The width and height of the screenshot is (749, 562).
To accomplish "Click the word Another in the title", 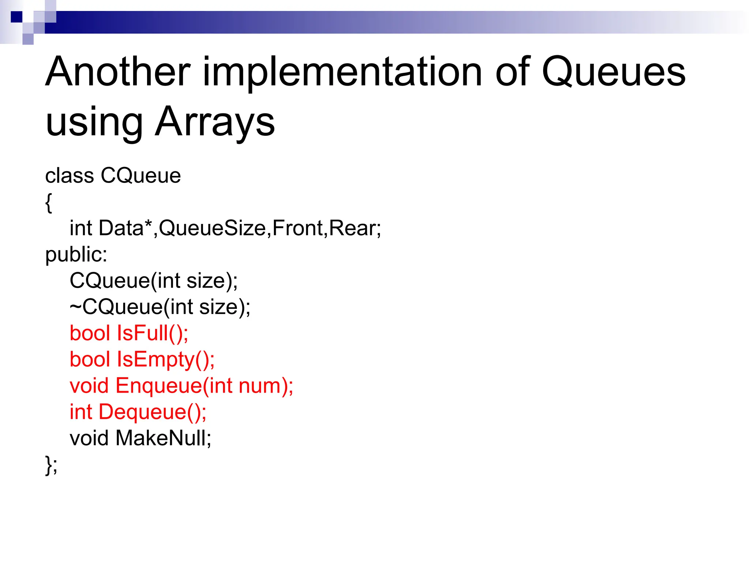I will coord(118,72).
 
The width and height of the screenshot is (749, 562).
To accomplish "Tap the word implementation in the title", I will coord(342,72).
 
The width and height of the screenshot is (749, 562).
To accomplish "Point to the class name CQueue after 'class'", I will coord(140,176).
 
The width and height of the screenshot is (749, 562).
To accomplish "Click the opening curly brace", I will coord(49,202).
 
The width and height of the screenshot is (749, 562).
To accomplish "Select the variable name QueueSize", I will coord(212,228).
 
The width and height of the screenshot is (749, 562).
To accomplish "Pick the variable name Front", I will coord(297,228).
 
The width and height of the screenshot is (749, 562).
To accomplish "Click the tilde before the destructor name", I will coord(75,307).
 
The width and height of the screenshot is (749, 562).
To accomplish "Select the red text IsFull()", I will coord(152,333).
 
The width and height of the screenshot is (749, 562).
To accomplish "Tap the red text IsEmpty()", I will coord(165,360).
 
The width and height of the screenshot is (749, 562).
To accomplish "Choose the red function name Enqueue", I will coord(159,386).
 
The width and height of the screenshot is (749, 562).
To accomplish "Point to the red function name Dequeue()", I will coord(152,412).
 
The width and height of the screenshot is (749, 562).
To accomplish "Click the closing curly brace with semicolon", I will coord(51,465).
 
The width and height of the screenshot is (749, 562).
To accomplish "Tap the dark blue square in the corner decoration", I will coord(16,17).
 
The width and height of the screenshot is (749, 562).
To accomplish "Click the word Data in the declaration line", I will coord(121,228).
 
